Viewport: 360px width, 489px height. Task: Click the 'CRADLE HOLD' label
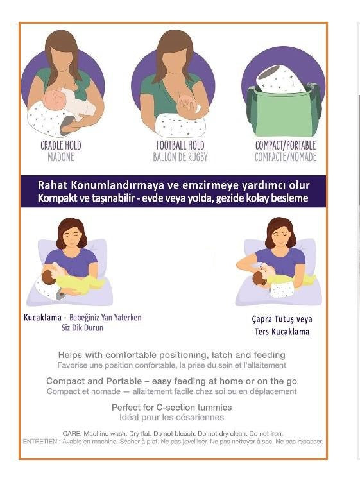click(61, 146)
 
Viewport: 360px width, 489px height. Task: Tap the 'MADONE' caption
click(61, 157)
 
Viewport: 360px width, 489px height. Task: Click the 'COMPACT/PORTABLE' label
click(286, 146)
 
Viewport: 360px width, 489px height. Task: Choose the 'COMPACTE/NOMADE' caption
click(286, 157)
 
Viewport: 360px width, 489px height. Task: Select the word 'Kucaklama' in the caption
click(42, 317)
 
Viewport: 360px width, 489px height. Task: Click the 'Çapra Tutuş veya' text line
click(282, 319)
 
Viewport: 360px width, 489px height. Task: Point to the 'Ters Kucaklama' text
click(282, 332)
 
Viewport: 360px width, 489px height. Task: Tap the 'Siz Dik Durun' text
click(82, 328)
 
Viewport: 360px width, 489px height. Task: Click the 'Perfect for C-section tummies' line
click(171, 407)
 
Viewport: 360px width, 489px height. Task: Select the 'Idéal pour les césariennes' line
click(171, 417)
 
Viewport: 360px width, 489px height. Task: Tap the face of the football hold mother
click(173, 61)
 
